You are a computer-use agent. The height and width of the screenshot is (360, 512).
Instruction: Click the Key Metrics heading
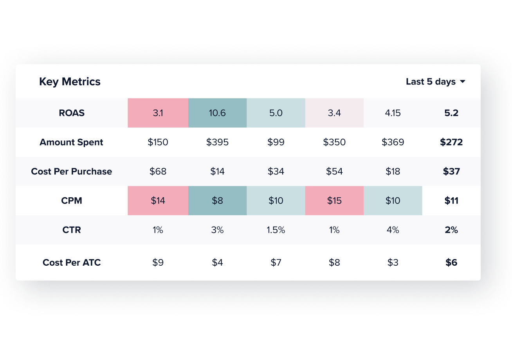[x=70, y=82]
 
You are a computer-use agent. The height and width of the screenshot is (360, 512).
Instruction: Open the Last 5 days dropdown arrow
[x=463, y=82]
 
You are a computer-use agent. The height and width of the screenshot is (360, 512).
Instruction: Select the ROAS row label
[x=72, y=113]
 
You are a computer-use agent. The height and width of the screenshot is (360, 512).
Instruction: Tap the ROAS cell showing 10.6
[x=217, y=113]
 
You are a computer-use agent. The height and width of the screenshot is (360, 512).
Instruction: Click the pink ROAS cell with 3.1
[x=158, y=113]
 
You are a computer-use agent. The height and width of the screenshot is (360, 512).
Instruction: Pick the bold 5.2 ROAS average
[x=451, y=113]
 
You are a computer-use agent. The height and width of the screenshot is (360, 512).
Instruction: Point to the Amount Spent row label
[x=71, y=142]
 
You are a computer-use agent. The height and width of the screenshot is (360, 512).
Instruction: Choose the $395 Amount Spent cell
[x=217, y=142]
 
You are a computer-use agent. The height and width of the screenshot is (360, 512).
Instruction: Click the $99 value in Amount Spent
[x=276, y=142]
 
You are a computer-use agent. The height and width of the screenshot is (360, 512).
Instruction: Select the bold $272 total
[x=451, y=142]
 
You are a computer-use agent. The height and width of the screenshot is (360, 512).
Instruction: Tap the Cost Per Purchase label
[x=71, y=171]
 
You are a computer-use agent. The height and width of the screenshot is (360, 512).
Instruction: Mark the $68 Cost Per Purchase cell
[x=158, y=171]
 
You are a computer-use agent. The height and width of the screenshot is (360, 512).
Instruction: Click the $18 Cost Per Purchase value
[x=393, y=171]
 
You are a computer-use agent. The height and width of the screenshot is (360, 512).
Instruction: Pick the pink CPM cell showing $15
[x=334, y=201]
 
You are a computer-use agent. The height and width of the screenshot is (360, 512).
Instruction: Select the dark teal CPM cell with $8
[x=217, y=201]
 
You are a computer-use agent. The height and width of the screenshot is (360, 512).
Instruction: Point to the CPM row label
[x=72, y=201]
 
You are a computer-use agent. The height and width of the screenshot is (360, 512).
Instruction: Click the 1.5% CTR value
[x=276, y=230]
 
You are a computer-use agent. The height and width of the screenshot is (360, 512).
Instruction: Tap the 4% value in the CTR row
[x=393, y=230]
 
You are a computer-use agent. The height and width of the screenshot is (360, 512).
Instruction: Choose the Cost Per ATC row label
[x=72, y=263]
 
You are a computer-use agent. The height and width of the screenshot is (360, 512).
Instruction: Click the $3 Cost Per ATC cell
[x=393, y=263]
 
